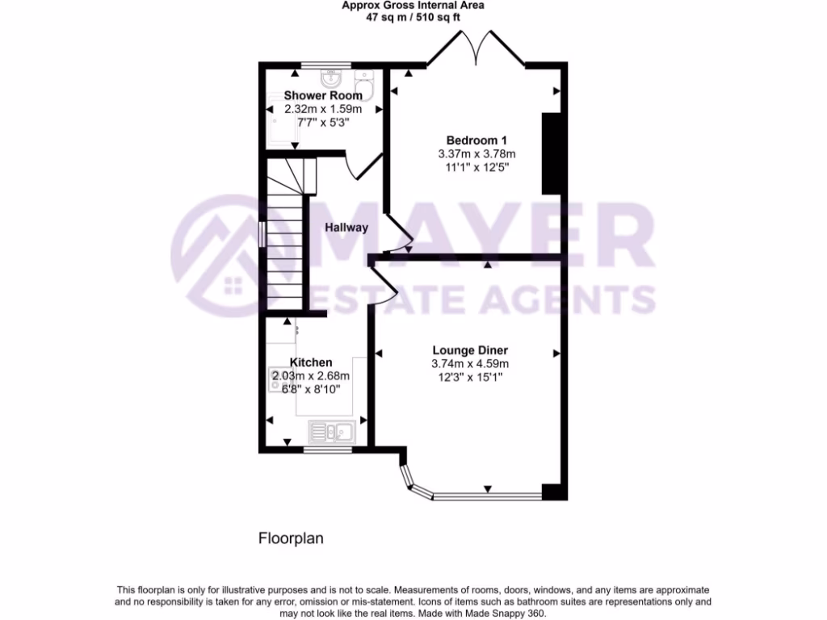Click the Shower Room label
tap(323, 95)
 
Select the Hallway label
tap(346, 228)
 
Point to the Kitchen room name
tap(311, 362)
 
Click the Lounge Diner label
tap(469, 350)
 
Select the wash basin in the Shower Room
tap(330, 78)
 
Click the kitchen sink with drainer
tap(330, 432)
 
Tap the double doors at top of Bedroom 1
tap(476, 48)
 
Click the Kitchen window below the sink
tap(330, 446)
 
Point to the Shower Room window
tap(326, 65)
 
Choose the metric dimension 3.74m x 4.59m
tap(469, 364)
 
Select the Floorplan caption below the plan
tap(291, 538)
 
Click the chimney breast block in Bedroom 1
tap(551, 153)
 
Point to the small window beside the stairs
tap(261, 232)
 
